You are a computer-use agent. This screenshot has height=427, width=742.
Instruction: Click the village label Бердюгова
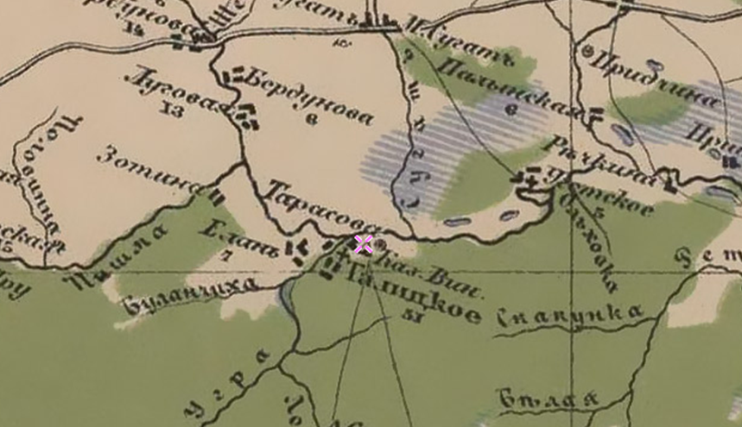(x=309, y=96)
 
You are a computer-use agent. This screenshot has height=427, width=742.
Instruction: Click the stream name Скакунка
(x=571, y=315)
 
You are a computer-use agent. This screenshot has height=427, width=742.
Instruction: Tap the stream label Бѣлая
(x=549, y=399)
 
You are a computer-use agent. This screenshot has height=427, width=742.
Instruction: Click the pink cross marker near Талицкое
(x=363, y=244)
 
